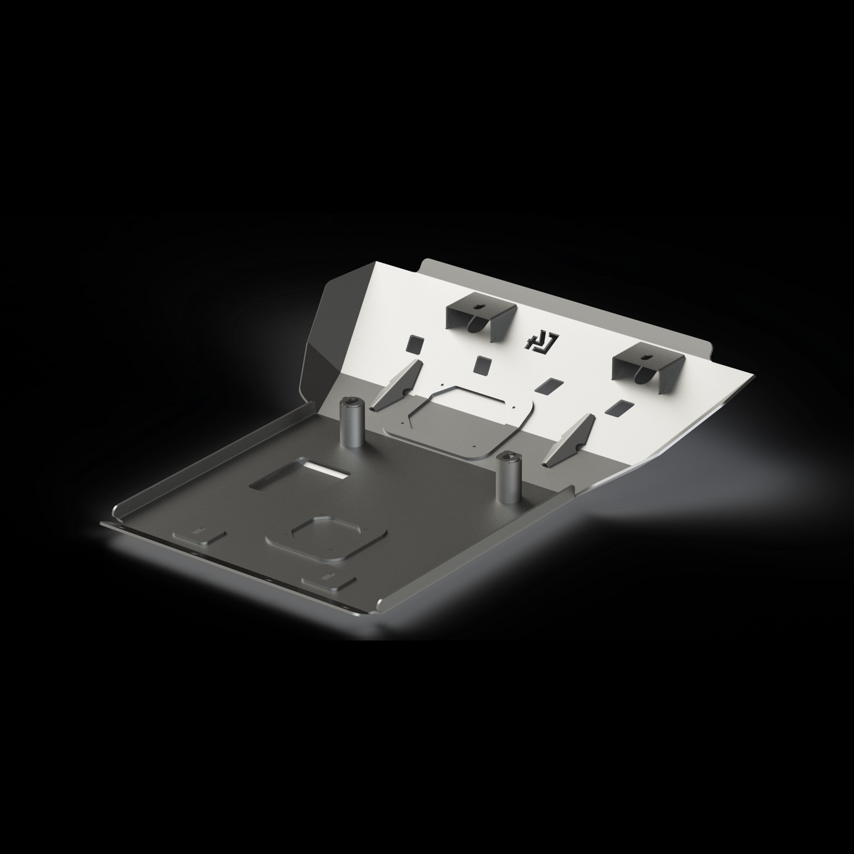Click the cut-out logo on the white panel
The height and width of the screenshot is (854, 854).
point(541,341)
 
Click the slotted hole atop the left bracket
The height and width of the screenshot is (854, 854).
point(478,307)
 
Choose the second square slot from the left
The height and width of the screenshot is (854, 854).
point(483,364)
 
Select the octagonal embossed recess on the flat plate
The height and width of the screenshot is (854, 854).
point(326,536)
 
